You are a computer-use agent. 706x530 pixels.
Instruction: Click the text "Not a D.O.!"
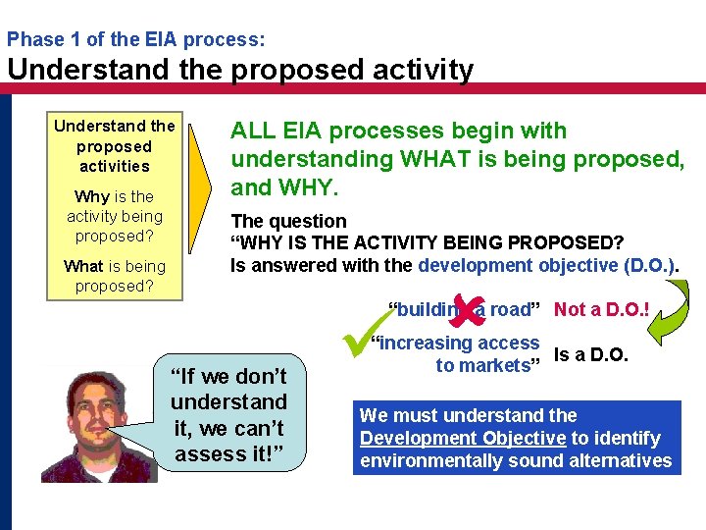(603, 310)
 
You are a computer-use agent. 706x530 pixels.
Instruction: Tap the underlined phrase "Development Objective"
(460, 439)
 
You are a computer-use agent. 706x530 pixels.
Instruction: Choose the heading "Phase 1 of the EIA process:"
(135, 40)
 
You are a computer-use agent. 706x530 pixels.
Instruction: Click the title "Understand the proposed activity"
(240, 71)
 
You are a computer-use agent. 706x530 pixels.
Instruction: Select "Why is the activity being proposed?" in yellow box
(115, 216)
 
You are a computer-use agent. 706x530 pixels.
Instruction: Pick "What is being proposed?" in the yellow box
(115, 276)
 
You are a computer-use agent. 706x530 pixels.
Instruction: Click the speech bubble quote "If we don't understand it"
(228, 414)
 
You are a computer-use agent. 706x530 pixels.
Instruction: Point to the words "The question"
(288, 221)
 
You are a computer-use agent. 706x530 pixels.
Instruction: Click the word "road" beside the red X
(510, 310)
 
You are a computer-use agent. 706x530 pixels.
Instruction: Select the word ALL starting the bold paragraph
(251, 132)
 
